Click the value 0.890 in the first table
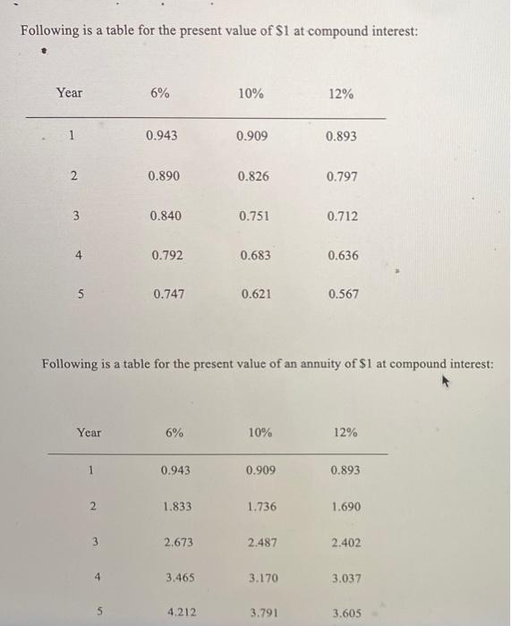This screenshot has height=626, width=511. (x=165, y=176)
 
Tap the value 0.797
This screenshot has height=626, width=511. (x=342, y=176)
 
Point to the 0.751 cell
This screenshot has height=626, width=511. (x=254, y=216)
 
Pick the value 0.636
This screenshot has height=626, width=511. (x=343, y=255)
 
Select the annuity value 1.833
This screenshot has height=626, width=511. (x=176, y=506)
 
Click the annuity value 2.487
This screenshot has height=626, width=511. (x=262, y=542)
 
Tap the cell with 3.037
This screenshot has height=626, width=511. (x=345, y=579)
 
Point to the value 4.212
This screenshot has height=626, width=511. (x=183, y=613)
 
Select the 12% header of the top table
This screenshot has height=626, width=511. (x=340, y=94)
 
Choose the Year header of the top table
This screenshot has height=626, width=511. (x=68, y=93)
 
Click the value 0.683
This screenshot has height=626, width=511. (x=256, y=255)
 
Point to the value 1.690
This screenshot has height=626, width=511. (x=345, y=506)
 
